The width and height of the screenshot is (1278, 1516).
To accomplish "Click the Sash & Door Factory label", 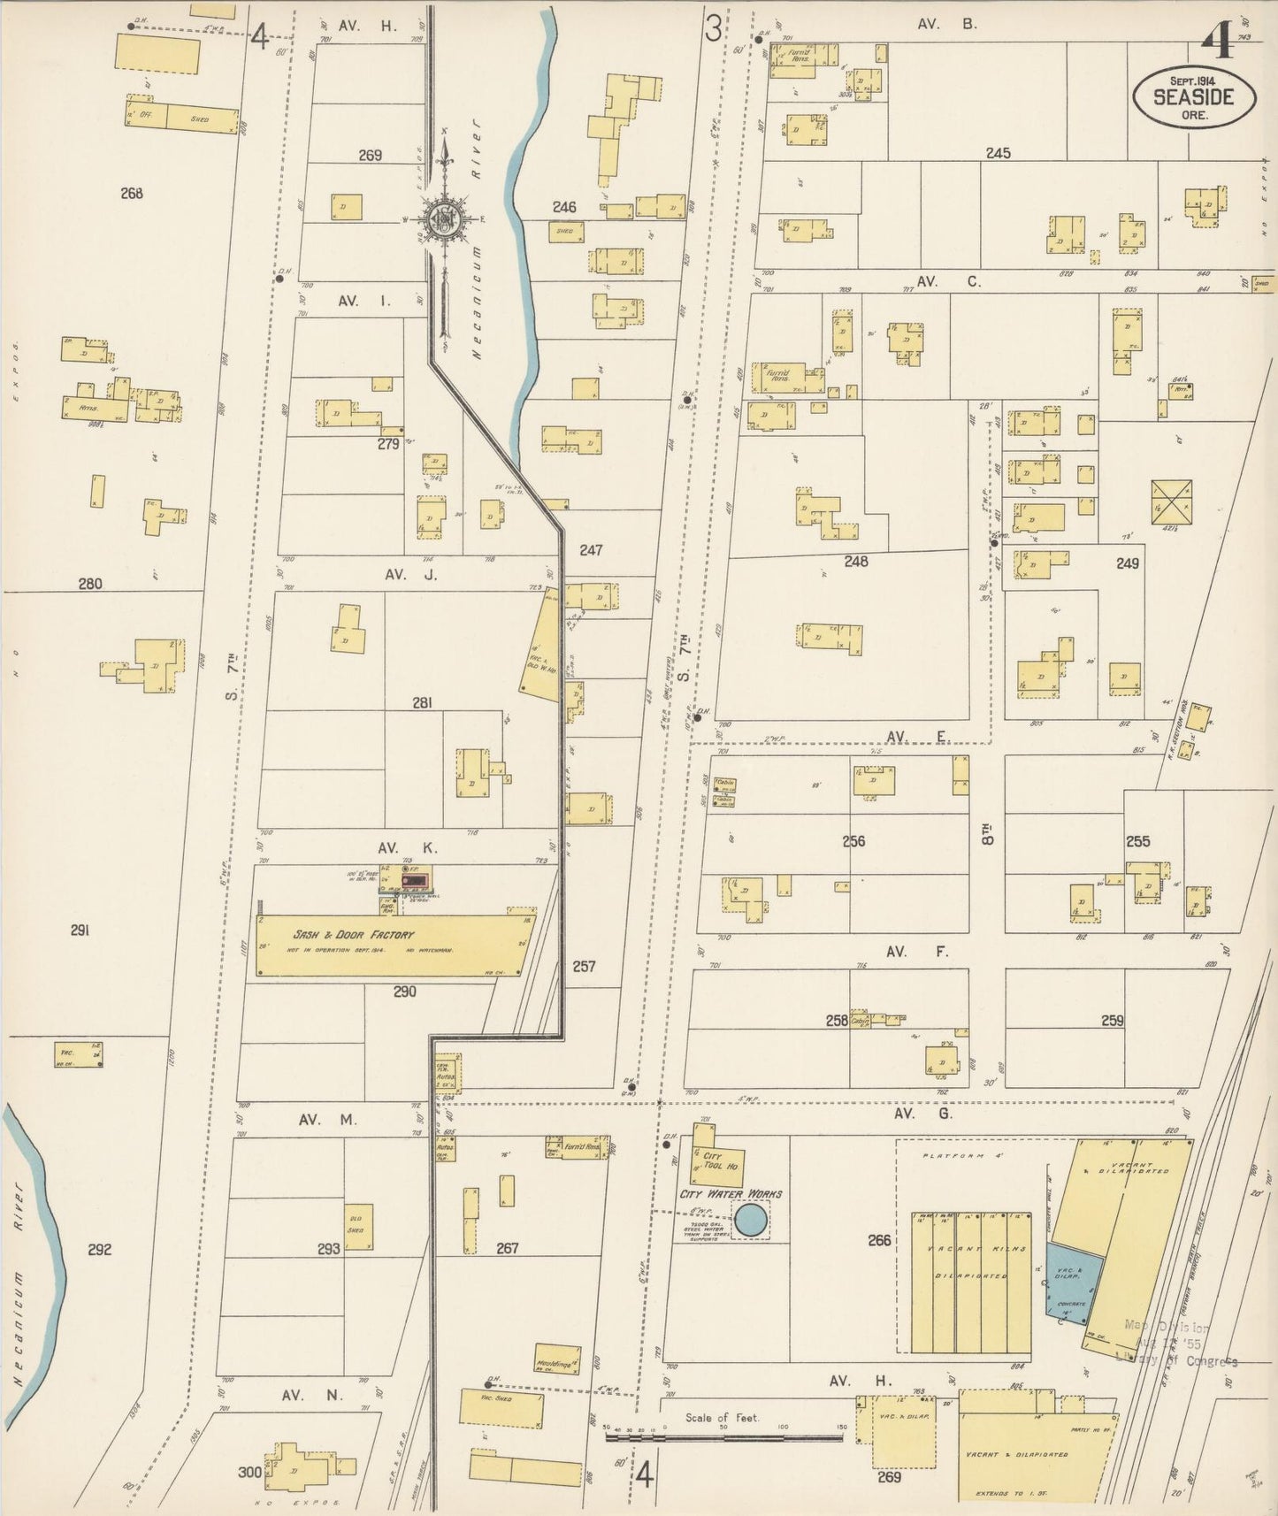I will coord(354,935).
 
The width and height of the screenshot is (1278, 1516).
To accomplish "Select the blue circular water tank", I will coord(752,1221).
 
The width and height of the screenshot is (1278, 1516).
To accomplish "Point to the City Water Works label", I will coord(731,1194).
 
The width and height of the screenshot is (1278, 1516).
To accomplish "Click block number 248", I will coord(855,561).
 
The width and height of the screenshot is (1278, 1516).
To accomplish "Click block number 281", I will coord(422,703).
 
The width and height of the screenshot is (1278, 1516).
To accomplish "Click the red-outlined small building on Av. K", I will coord(414,881).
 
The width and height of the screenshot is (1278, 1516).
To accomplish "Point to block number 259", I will coord(1113,1020).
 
